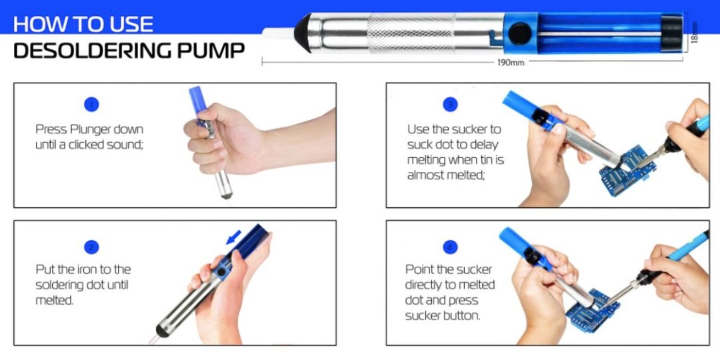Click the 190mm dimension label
point(511,63)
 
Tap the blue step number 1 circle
point(91,104)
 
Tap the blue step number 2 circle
point(91,247)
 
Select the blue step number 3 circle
point(451,104)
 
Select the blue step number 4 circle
point(451,247)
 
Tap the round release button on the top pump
point(519,31)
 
